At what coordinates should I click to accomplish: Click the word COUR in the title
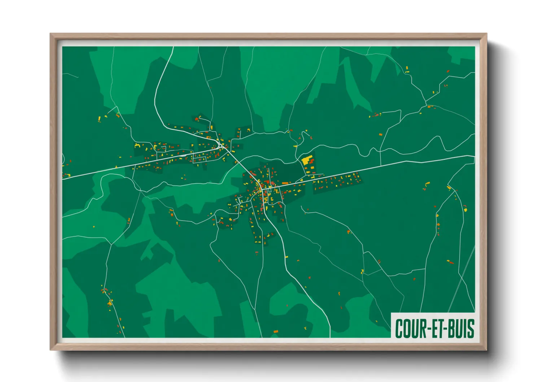click(x=410, y=329)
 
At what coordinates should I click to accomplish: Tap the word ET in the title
click(x=434, y=329)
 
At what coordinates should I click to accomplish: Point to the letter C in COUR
click(x=399, y=329)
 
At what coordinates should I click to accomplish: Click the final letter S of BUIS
click(x=471, y=329)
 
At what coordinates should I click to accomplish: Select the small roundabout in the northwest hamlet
click(x=220, y=146)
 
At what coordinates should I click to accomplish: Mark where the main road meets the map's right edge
click(x=474, y=156)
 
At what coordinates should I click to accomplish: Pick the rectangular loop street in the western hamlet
click(x=200, y=158)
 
